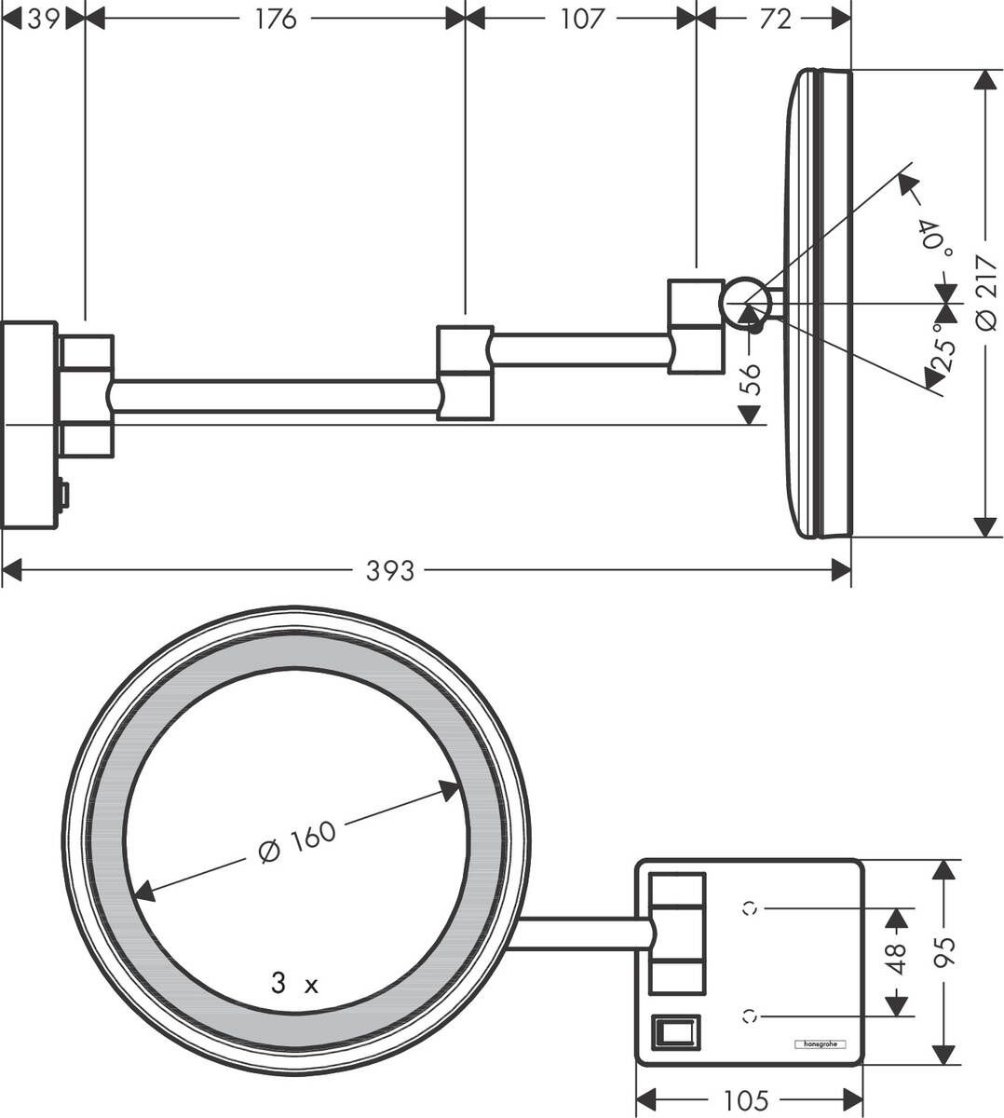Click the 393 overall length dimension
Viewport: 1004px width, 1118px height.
pos(389,570)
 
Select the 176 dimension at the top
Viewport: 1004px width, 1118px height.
pos(276,19)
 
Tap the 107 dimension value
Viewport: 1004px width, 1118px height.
pos(582,19)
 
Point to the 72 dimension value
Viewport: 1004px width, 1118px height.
pos(774,19)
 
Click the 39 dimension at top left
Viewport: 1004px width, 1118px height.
pos(43,19)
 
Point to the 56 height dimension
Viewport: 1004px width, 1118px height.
pos(751,378)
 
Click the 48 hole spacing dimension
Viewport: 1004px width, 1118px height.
pos(896,960)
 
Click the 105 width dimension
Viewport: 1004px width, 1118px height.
pos(745,1100)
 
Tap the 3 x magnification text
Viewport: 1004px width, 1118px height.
pos(294,984)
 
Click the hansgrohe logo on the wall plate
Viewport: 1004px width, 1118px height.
pos(819,1044)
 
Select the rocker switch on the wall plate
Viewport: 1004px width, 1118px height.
pos(675,1032)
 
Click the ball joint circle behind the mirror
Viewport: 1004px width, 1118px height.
pos(747,302)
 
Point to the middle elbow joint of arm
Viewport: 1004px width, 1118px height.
pos(465,372)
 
